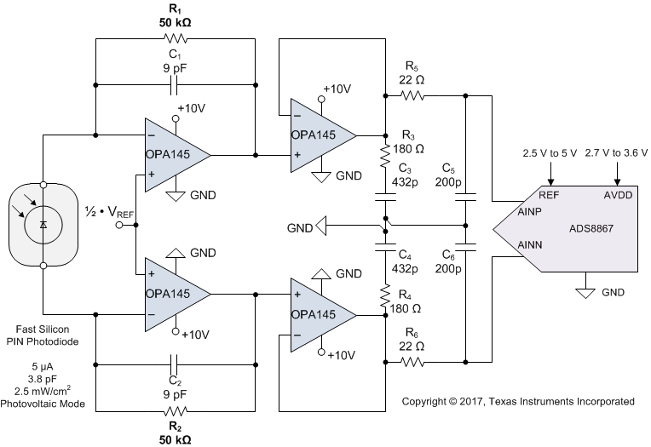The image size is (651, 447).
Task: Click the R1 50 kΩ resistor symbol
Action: pos(176,38)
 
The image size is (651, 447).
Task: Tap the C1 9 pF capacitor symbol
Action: pos(176,84)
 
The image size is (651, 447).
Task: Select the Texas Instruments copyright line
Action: pos(518,400)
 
